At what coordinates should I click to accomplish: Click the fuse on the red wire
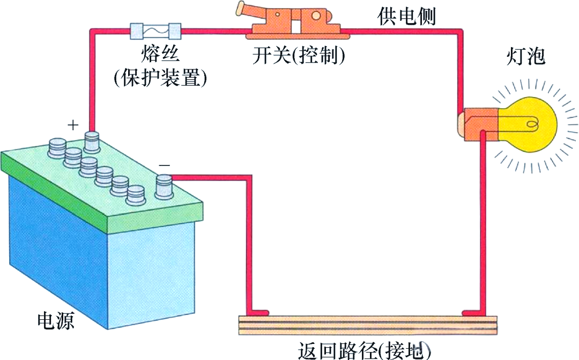click(x=155, y=31)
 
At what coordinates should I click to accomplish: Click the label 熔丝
click(x=160, y=54)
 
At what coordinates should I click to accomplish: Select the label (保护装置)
click(x=160, y=78)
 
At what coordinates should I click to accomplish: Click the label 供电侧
click(x=406, y=16)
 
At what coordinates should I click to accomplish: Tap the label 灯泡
click(x=525, y=56)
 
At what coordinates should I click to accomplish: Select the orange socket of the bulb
click(x=479, y=124)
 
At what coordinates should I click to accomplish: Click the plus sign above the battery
click(x=73, y=125)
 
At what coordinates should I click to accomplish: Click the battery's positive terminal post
click(x=92, y=141)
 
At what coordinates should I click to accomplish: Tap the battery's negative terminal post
click(x=164, y=187)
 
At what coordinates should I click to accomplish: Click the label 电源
click(x=56, y=320)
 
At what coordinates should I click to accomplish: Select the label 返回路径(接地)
click(x=364, y=350)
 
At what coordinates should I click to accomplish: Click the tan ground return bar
click(x=368, y=325)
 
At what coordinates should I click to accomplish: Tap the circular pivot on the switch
click(x=316, y=16)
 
